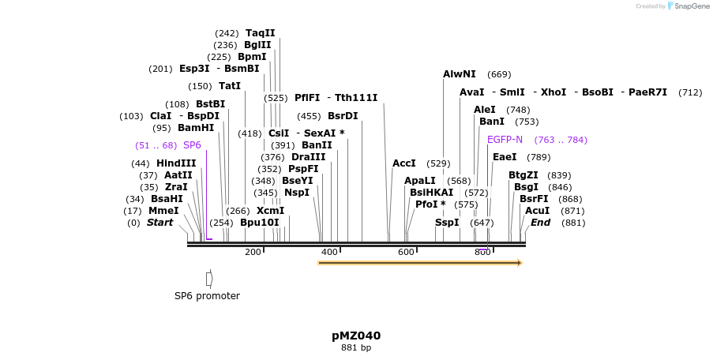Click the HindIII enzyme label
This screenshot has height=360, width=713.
click(176, 163)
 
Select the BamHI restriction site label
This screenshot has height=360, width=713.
click(196, 128)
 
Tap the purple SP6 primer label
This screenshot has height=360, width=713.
click(192, 145)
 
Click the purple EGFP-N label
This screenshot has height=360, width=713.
click(505, 140)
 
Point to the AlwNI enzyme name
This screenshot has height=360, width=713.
click(460, 74)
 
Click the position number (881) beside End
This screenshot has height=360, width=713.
click(573, 223)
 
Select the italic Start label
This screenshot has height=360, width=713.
click(159, 223)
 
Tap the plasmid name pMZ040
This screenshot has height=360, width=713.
click(356, 336)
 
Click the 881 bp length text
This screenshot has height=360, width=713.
click(356, 347)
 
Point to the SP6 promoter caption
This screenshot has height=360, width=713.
click(207, 296)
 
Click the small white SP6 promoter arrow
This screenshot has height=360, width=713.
click(209, 278)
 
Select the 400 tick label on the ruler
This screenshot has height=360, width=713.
click(329, 252)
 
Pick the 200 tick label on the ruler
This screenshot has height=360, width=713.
click(253, 252)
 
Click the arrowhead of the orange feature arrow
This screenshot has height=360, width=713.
click(520, 263)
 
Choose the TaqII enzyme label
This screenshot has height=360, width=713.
click(261, 33)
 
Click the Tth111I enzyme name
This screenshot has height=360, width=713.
click(356, 98)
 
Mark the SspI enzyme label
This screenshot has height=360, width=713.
click(447, 223)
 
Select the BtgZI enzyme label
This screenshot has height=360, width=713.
click(523, 175)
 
